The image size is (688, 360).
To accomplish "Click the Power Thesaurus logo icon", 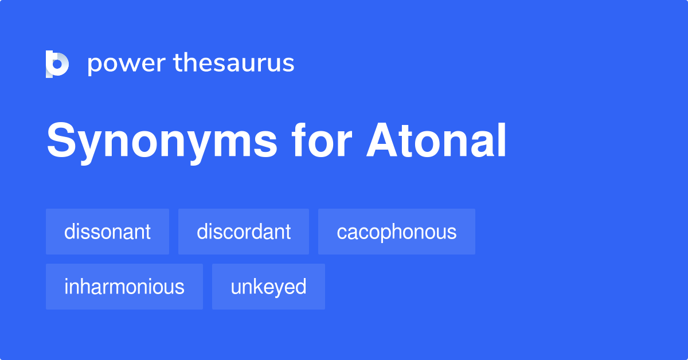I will [57, 64].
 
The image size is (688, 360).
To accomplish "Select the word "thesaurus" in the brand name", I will [234, 63].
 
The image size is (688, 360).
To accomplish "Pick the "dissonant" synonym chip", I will [107, 232].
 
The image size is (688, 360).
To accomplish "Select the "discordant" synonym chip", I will [244, 232].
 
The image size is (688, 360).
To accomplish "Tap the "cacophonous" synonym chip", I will [397, 232].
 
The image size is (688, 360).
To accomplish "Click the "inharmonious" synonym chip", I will [124, 287].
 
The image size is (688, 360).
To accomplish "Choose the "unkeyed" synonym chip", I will [268, 287].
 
